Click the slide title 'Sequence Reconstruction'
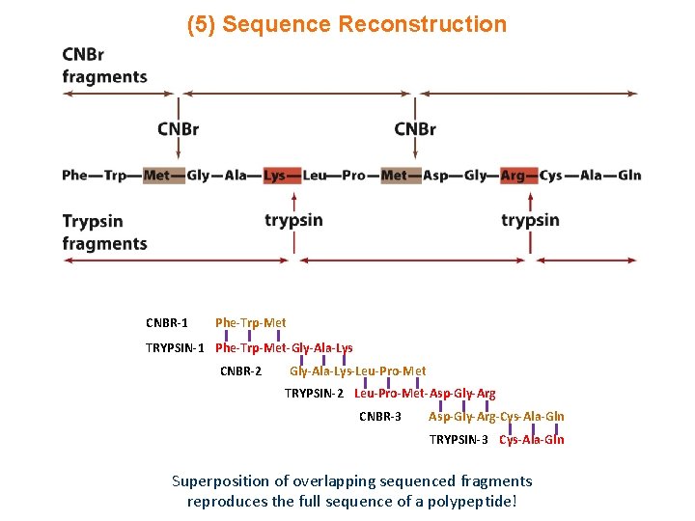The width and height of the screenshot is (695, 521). [x=364, y=24]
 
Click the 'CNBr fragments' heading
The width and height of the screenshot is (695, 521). [x=104, y=66]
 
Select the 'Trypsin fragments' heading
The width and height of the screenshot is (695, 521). [x=104, y=233]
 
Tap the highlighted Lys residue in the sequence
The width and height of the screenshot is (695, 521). [x=275, y=175]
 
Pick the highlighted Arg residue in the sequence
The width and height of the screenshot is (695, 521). [x=513, y=175]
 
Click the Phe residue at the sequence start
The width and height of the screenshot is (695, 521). [x=74, y=175]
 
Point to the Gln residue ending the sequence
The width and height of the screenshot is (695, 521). [x=628, y=175]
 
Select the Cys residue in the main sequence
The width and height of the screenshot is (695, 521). [x=551, y=175]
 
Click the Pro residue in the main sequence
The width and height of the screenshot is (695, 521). [x=353, y=175]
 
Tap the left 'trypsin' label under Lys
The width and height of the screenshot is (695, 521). [x=293, y=220]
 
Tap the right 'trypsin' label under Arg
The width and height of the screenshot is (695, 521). [x=530, y=220]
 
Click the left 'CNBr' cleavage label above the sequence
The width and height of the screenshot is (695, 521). [x=179, y=129]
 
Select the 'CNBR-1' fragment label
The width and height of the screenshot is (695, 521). [x=167, y=322]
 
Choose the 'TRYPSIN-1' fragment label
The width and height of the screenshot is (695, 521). [x=175, y=347]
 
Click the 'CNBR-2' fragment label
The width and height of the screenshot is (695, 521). [x=240, y=370]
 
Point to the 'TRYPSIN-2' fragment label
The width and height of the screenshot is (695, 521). [x=314, y=394]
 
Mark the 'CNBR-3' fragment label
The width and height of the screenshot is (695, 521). [x=380, y=417]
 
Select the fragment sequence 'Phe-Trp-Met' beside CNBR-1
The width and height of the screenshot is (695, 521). [x=250, y=322]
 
